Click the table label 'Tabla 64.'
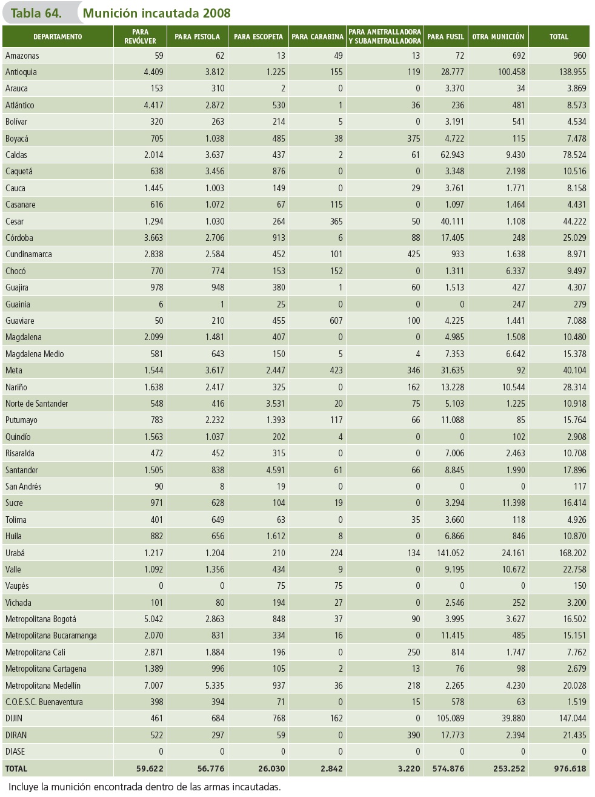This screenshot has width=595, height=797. coord(36,13)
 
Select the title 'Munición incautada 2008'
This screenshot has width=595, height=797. coord(156,13)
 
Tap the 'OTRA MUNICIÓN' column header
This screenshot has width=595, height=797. coord(498,37)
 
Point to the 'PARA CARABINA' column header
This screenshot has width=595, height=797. coord(317,37)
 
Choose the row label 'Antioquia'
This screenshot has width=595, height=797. coord(21,72)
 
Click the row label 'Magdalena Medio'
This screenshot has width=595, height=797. coord(35,354)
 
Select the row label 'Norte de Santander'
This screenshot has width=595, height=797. coord(36,404)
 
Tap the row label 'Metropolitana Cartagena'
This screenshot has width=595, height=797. coord(46,669)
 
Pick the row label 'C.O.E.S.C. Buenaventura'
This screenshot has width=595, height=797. coord(44,702)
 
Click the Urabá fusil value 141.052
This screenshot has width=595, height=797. coord(450,553)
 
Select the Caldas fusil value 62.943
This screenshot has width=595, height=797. coord(452,155)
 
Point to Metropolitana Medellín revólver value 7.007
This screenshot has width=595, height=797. coord(154,686)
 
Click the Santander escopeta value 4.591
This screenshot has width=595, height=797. coord(276,470)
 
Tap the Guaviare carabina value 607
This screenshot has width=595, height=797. coord(336,321)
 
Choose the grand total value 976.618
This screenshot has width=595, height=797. coord(570,769)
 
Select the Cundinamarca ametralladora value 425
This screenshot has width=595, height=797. coord(414,254)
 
